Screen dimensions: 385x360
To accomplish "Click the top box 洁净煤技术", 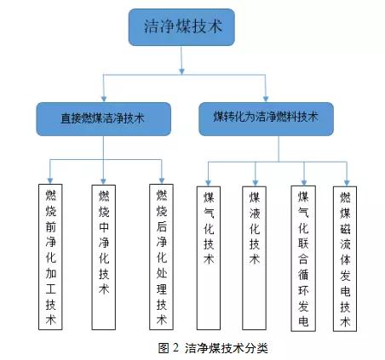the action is click(181, 27).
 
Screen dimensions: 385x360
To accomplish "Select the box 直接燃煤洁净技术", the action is click(104, 119).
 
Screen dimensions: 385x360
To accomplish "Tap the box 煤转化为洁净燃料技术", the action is click(266, 119).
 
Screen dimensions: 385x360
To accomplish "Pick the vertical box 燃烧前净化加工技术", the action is click(50, 257).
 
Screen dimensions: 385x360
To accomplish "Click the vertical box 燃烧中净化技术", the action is click(104, 257).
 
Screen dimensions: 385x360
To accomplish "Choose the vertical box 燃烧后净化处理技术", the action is click(161, 257).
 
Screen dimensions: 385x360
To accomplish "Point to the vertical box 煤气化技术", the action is click(209, 258).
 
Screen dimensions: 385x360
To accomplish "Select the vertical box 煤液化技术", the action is click(254, 258).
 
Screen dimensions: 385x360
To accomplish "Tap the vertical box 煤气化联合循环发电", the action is click(303, 259).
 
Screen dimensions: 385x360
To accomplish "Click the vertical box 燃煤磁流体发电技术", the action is click(345, 259).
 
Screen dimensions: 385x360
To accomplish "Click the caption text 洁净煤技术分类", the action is click(227, 348).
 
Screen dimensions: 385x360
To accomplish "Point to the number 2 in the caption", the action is click(175, 348).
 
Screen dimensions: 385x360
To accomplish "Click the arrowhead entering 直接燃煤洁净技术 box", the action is click(104, 99).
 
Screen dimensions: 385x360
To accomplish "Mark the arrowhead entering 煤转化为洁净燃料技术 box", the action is click(266, 99).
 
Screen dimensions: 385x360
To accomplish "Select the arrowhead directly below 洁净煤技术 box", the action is click(182, 71).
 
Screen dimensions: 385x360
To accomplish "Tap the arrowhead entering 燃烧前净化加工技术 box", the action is click(50, 180).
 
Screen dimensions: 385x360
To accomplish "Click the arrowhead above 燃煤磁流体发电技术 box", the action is click(347, 183).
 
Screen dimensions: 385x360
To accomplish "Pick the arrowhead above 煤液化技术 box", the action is click(256, 183).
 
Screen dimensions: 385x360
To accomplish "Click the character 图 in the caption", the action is click(164, 348).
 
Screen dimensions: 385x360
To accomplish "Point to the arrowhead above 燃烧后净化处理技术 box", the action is click(162, 180).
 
